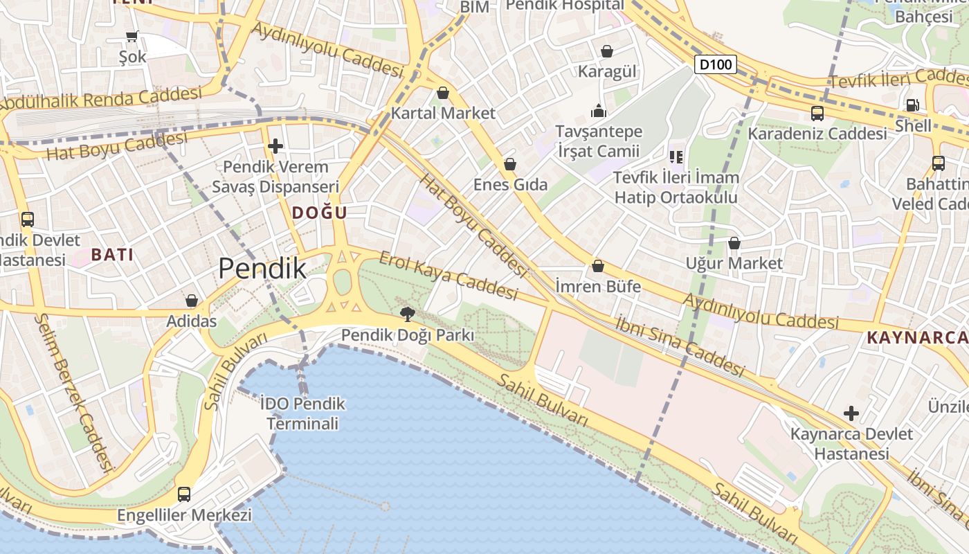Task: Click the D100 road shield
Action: coord(715,65)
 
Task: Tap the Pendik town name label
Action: coord(262,268)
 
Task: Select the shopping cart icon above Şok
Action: coord(132,36)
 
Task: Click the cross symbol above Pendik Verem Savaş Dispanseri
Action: coord(275,146)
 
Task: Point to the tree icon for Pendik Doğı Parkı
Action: coord(408,314)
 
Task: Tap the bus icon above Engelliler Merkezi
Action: coord(184,494)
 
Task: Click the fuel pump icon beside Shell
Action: coord(913,105)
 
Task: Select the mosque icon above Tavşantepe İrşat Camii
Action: coord(599,111)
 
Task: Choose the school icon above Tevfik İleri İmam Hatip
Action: coord(676,157)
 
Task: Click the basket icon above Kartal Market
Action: coord(443,93)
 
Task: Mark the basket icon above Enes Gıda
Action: coord(510,164)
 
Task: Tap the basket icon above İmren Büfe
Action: coord(598,266)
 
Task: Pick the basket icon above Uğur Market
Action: coord(734,243)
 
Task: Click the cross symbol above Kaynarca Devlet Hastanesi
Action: coord(851,414)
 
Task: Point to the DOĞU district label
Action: coord(319,213)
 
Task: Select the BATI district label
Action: coord(112,255)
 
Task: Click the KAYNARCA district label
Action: coord(916,338)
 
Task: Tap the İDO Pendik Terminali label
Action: coord(303,413)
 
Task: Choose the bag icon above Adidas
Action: coord(192,301)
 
